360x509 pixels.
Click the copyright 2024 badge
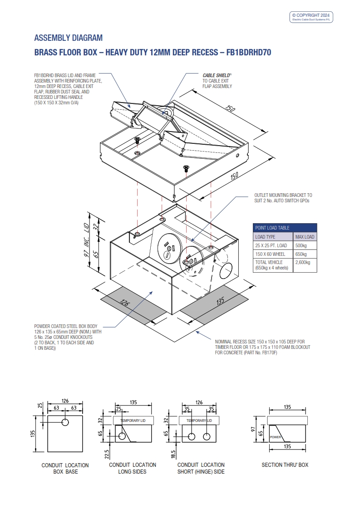tap(311, 17)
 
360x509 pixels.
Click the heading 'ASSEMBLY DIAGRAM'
tap(69, 38)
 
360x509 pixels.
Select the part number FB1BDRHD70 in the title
tap(246, 53)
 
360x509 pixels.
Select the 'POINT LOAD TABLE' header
tap(272, 228)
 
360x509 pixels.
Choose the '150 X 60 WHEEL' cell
tap(270, 254)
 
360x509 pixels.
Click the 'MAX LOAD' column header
tap(305, 237)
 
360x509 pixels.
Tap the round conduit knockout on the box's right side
tap(225, 273)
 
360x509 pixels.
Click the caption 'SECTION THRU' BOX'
tap(285, 465)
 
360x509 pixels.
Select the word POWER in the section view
tap(276, 437)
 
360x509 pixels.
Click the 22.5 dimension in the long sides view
tap(106, 453)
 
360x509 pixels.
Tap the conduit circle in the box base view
tap(65, 422)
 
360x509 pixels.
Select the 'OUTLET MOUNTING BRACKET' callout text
tap(283, 198)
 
